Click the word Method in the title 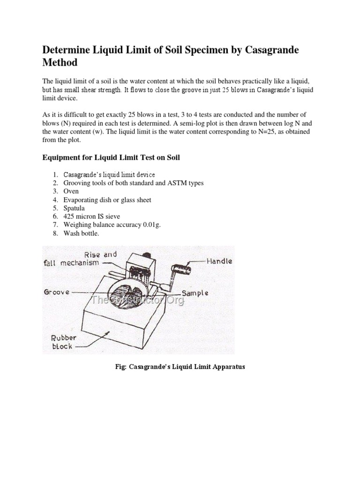coord(60,62)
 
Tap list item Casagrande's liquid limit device coord(109,175)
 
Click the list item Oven coord(71,191)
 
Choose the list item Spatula coord(75,208)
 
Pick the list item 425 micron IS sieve coord(92,217)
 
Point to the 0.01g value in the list coord(150,225)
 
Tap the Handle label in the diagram coord(219,261)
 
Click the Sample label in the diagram coord(195,293)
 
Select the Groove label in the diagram coord(57,292)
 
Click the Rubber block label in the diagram coord(63,342)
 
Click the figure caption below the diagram coord(180,367)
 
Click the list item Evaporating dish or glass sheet coord(107,200)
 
